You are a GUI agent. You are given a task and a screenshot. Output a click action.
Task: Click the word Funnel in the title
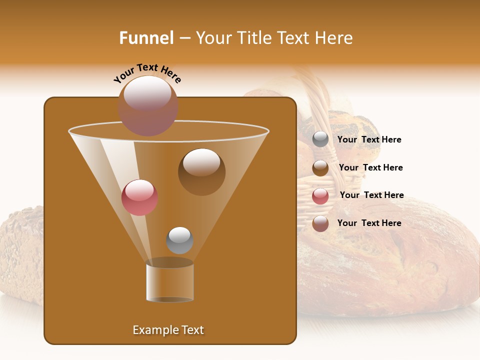[x=146, y=38]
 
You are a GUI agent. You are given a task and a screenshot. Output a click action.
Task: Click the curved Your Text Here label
[x=147, y=73]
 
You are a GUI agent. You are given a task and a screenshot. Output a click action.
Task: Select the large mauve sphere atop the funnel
[x=148, y=105]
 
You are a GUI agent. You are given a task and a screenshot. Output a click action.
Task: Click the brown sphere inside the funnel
[x=201, y=171]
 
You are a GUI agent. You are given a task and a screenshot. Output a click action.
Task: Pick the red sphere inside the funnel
[x=139, y=197]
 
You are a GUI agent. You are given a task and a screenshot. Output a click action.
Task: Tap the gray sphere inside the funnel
[x=179, y=240]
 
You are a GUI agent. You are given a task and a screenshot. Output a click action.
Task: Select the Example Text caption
[x=168, y=330]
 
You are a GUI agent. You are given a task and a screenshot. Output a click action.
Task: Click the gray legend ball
[x=320, y=139]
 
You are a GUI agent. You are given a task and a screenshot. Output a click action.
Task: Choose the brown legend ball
[x=320, y=168]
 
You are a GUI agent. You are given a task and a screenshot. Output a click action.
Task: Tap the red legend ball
[x=320, y=196]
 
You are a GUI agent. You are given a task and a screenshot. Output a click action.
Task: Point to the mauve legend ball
[x=320, y=223]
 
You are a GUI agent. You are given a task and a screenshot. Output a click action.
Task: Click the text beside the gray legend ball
[x=369, y=140]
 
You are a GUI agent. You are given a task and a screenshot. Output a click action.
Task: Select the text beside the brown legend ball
[x=370, y=168]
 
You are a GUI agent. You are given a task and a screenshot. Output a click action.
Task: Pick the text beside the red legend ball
[x=371, y=195]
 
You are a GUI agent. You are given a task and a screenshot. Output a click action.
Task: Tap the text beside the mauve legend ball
[x=369, y=223]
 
